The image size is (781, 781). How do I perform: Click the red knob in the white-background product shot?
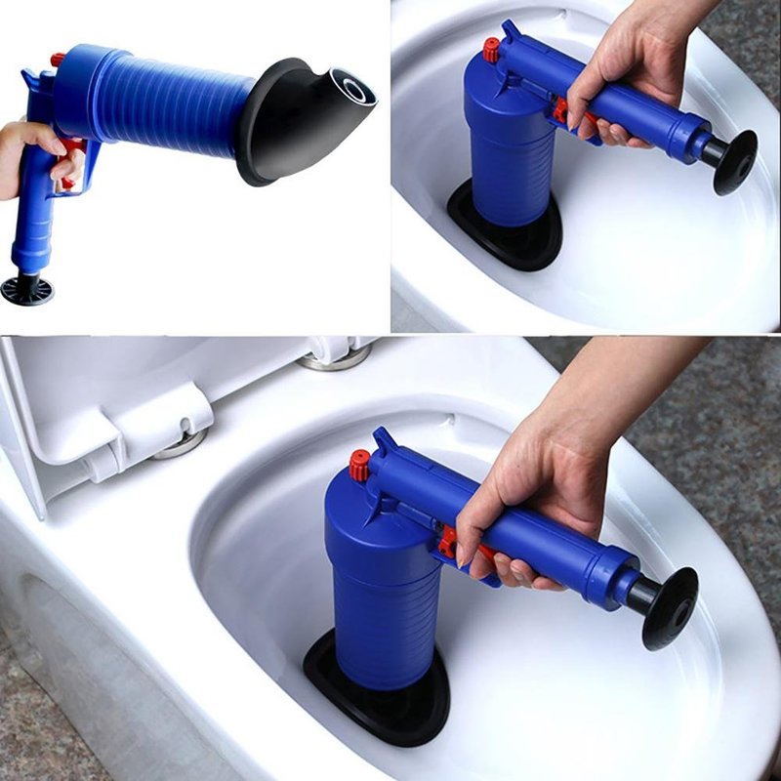click(58, 60)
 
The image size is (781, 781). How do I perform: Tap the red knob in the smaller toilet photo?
click(491, 50)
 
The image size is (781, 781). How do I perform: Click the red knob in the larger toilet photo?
click(360, 465)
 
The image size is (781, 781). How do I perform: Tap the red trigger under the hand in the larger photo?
click(451, 540)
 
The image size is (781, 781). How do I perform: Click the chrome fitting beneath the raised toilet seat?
click(182, 444)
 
